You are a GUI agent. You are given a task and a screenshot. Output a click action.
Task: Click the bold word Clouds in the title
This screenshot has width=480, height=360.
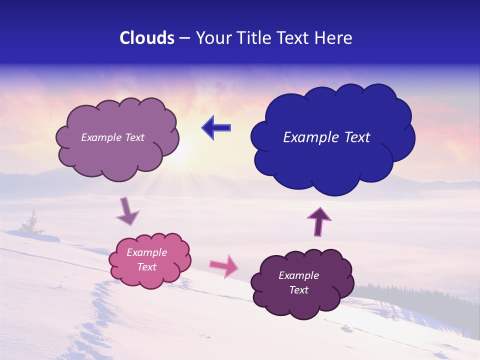point(147,38)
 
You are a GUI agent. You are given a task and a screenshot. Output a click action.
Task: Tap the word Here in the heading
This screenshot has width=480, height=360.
point(334,38)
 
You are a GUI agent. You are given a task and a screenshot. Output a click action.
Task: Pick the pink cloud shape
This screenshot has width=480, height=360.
point(149,260)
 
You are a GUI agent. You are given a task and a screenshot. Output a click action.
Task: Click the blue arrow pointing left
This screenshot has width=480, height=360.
point(216,128)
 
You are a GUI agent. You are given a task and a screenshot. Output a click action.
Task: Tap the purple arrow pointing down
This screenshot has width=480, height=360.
point(127,211)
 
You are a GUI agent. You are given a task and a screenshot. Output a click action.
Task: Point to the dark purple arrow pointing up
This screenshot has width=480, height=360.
point(319,220)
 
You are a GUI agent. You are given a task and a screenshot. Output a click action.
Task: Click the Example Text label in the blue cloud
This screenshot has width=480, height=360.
point(326,137)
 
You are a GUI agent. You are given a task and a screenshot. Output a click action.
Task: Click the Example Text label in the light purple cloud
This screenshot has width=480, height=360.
point(112,137)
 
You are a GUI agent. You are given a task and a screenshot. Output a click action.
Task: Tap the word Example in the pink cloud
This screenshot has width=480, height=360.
point(146,252)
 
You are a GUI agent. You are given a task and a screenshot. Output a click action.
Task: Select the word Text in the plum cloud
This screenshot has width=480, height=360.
point(298,290)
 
